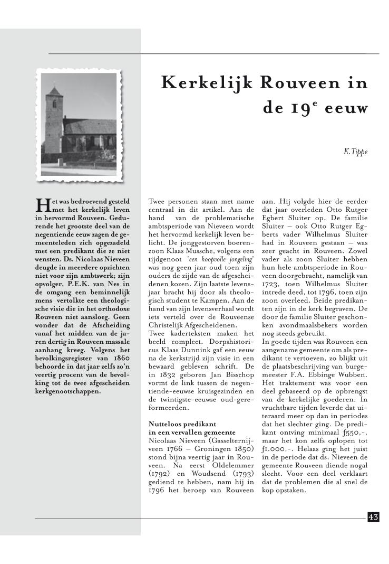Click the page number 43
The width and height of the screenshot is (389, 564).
373,517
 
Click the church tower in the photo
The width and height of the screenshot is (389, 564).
54,119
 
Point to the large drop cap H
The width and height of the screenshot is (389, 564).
41,204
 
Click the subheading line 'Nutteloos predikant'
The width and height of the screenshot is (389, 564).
182,424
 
